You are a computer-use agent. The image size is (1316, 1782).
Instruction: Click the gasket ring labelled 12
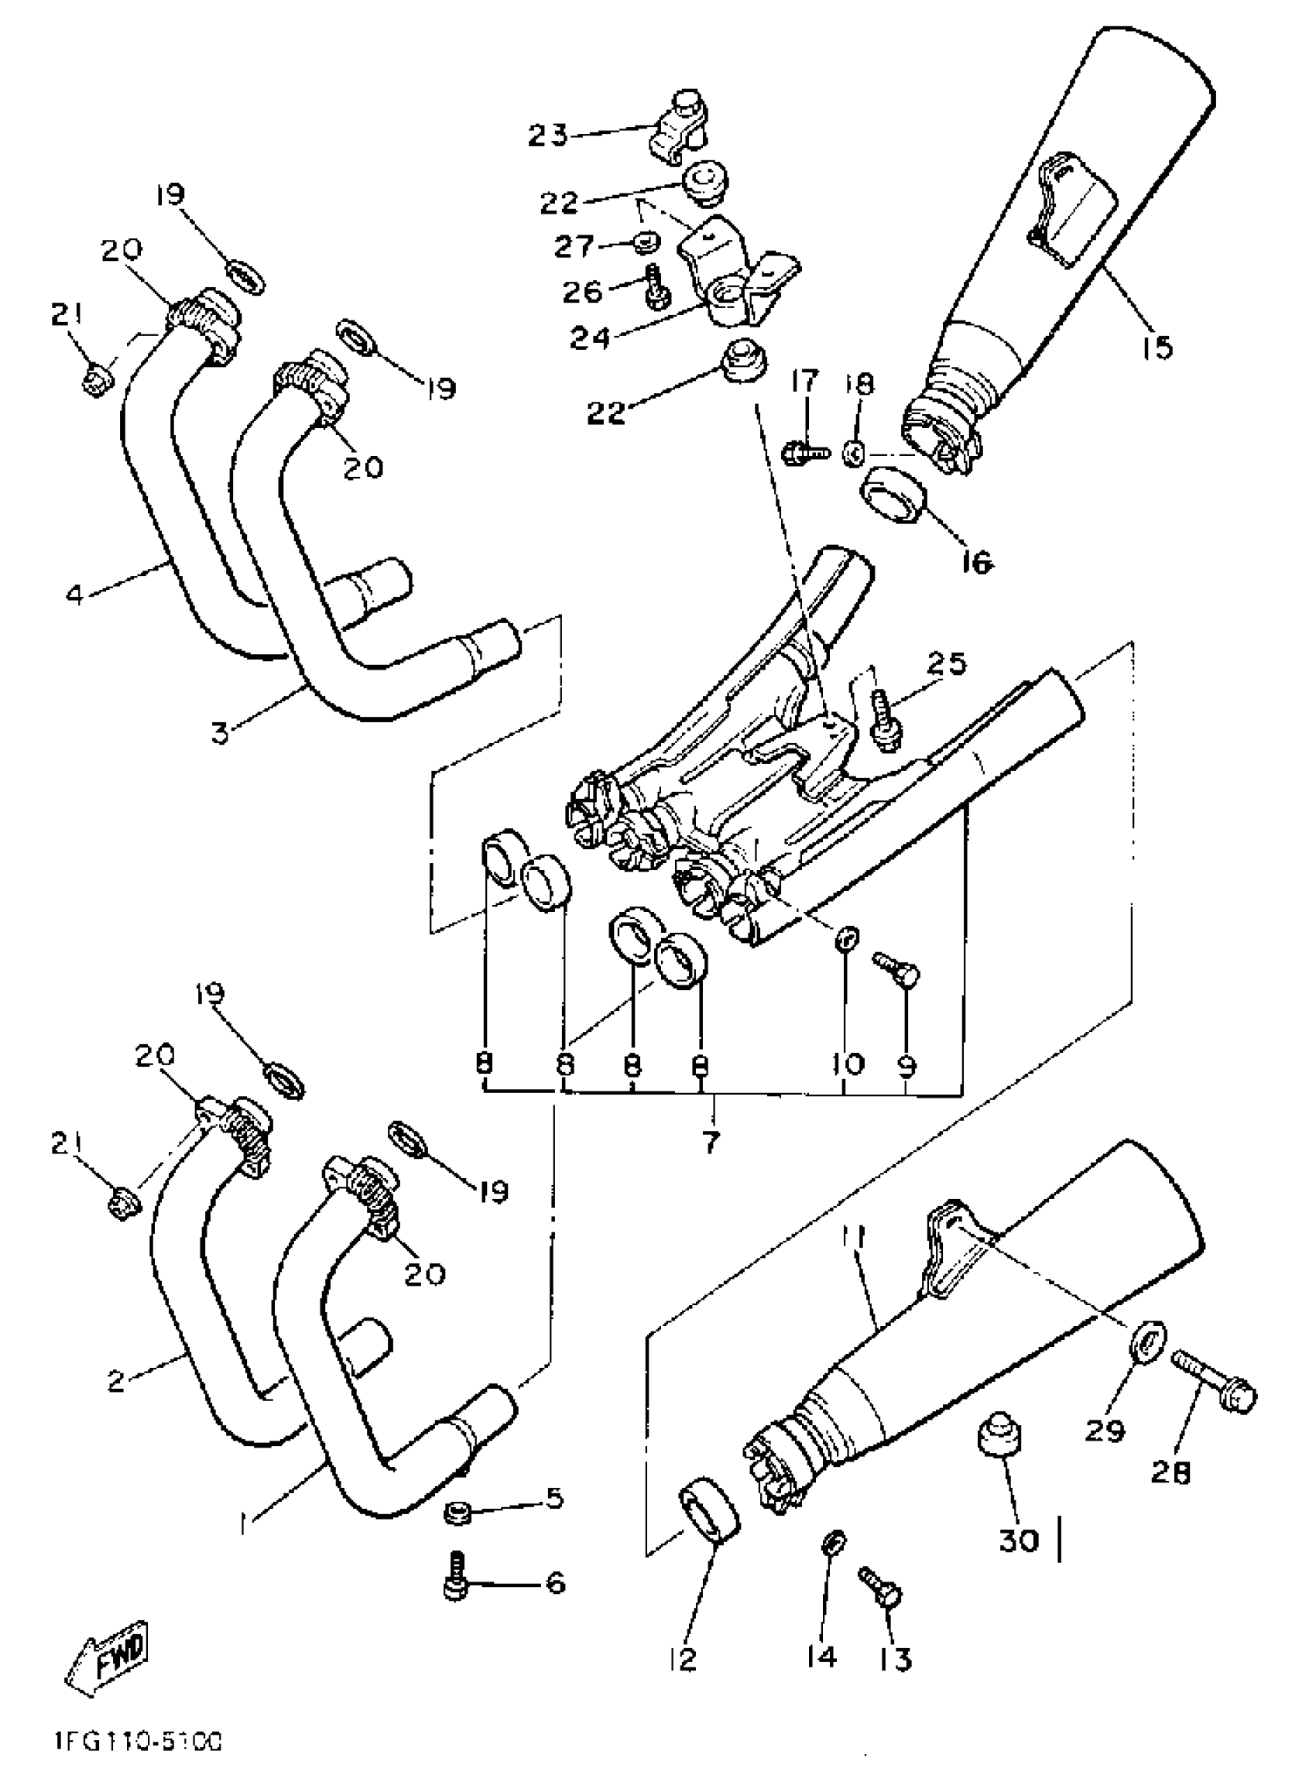pyautogui.click(x=708, y=1506)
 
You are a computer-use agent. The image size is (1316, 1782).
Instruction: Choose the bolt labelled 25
pyautogui.click(x=884, y=719)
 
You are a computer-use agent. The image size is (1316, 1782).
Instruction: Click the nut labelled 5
pyautogui.click(x=458, y=1510)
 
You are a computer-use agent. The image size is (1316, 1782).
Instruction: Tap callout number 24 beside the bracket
pyautogui.click(x=590, y=338)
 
